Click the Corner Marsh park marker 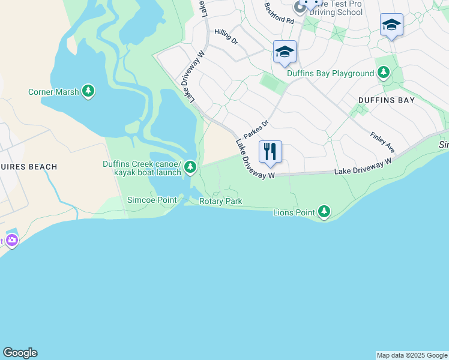coord(89,91)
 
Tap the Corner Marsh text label coord(53,92)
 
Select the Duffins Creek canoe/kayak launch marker coord(190,166)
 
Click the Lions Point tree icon coord(324,211)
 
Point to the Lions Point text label coord(294,212)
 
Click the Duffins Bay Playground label coord(330,74)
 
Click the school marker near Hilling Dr coord(284,52)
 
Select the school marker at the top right coord(391,25)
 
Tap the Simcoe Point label coord(151,200)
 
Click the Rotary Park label coord(221,201)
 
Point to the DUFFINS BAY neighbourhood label coord(386,100)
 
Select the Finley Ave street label coord(382,142)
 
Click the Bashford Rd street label coord(279,13)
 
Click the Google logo coord(20,353)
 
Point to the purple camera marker coord(11,241)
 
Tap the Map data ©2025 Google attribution coord(412,355)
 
